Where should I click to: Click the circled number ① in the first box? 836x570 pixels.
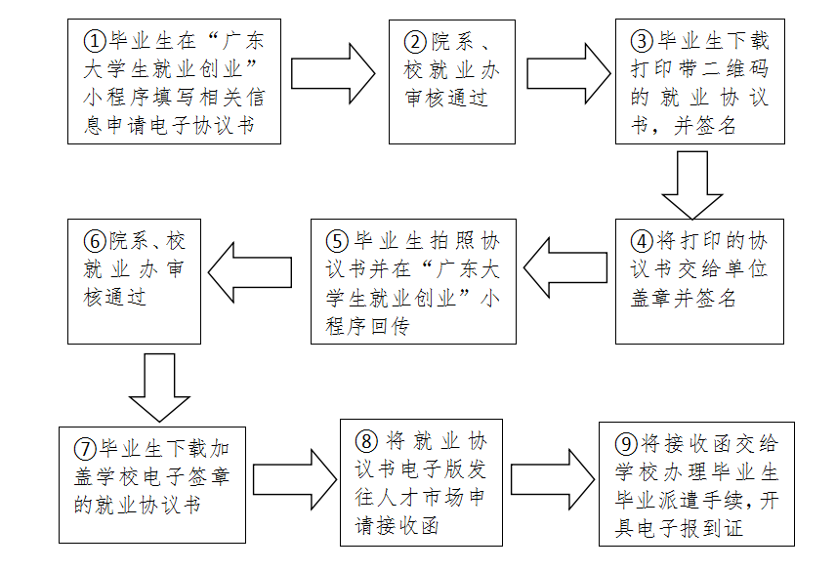(x=94, y=42)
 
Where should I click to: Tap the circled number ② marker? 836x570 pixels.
(x=416, y=42)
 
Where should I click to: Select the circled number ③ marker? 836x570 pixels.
(x=641, y=41)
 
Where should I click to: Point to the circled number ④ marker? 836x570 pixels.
(x=642, y=240)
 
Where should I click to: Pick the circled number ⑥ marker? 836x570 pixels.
(x=94, y=240)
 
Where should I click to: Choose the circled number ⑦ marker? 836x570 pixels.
(x=86, y=450)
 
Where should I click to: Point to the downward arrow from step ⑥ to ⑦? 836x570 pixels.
(x=159, y=387)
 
